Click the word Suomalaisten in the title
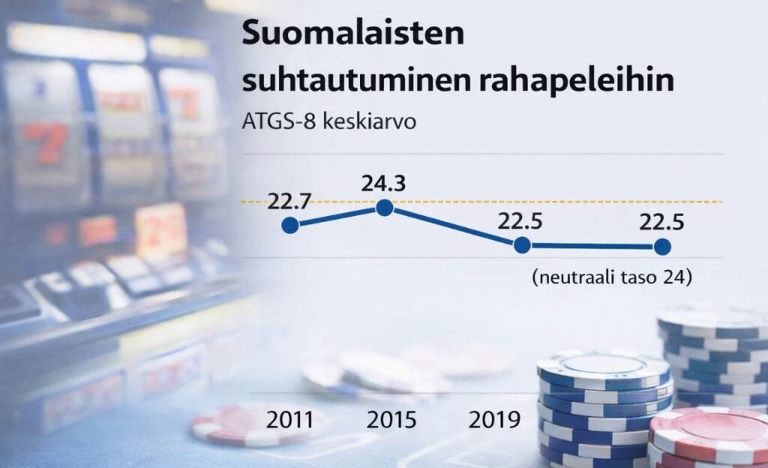click(352, 35)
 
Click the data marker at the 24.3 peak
click(384, 208)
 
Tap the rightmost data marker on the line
click(661, 246)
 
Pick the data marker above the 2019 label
click(522, 245)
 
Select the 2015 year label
click(391, 419)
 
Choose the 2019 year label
click(494, 419)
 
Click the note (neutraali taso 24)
click(610, 277)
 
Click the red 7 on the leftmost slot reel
click(46, 142)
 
